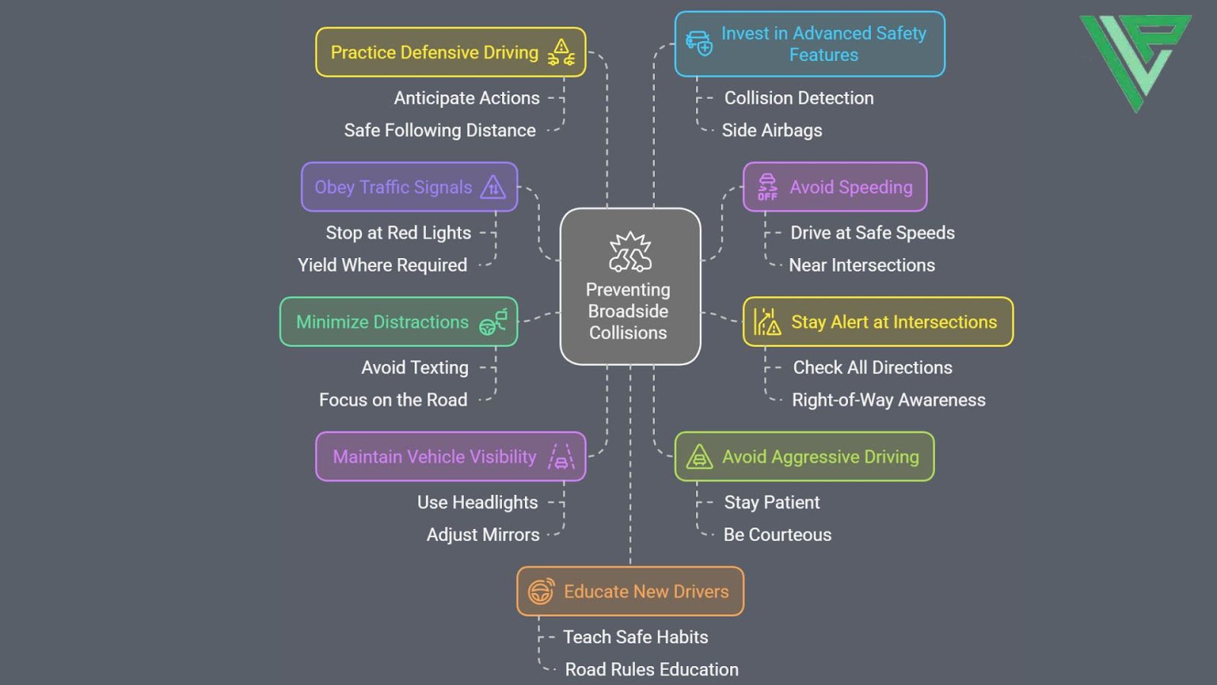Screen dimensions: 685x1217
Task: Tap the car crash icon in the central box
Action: coord(630,253)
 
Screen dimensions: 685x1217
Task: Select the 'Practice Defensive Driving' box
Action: coord(450,53)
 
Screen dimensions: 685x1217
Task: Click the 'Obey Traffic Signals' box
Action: coord(409,187)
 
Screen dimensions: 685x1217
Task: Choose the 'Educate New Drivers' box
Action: coord(630,591)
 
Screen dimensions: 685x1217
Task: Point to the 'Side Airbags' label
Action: coord(771,130)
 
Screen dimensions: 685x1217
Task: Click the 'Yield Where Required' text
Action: coord(383,265)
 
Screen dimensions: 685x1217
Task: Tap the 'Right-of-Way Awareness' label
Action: coord(888,400)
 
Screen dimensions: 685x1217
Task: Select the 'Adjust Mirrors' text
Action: coord(483,534)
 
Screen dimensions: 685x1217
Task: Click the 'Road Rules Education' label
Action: coord(651,669)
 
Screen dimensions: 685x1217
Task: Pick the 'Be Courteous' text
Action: coord(777,534)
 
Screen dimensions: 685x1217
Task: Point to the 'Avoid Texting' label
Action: coord(415,368)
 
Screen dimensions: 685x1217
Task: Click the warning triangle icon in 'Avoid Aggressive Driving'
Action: coord(699,457)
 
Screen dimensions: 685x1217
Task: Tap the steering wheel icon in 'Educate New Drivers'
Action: coord(541,591)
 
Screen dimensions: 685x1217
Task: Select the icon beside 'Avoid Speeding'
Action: coord(767,187)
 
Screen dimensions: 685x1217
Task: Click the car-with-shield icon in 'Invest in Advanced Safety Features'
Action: coord(699,43)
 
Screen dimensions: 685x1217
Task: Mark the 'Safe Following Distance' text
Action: coord(440,130)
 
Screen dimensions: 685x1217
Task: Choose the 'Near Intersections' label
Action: coord(862,265)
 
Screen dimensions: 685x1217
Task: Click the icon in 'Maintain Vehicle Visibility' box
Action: coord(561,457)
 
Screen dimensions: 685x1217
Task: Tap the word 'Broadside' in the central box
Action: coord(628,311)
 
